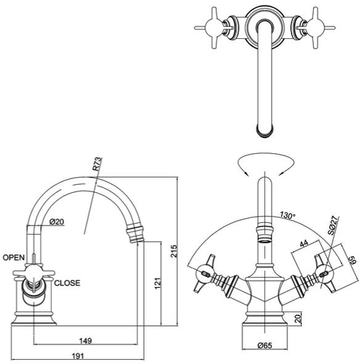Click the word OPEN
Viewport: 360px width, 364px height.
click(x=14, y=257)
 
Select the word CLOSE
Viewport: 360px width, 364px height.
click(x=68, y=283)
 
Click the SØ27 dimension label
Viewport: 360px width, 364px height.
click(x=333, y=229)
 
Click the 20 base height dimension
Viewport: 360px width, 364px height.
click(x=298, y=317)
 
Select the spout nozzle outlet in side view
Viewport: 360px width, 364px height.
click(x=135, y=233)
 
